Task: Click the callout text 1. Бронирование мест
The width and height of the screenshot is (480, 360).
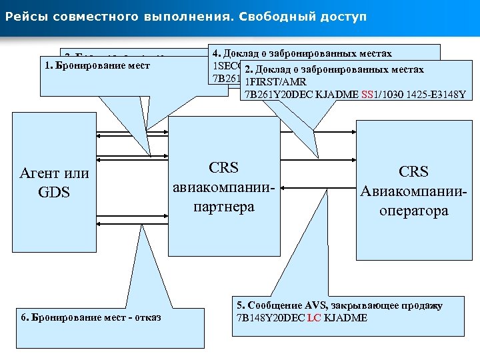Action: tap(96, 66)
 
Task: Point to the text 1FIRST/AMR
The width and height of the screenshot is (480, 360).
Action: tap(272, 81)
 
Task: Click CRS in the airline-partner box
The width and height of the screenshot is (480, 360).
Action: tap(224, 168)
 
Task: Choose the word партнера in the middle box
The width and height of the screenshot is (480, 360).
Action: tap(224, 206)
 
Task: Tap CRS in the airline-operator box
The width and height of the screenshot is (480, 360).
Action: tap(413, 171)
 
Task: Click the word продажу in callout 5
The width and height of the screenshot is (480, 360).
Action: tap(423, 305)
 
